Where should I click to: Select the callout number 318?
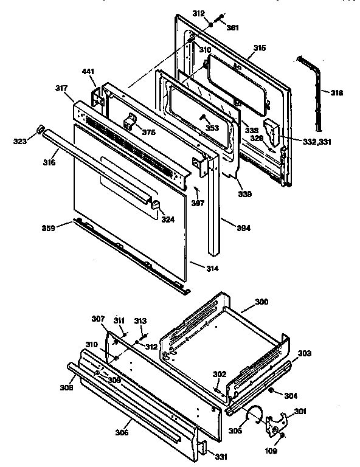coord(336,93)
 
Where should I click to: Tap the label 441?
coord(89,72)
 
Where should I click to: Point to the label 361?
coord(232,27)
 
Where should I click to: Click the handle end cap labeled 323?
coord(40,129)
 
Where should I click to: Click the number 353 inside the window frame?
coord(211,128)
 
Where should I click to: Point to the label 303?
coord(305,353)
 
